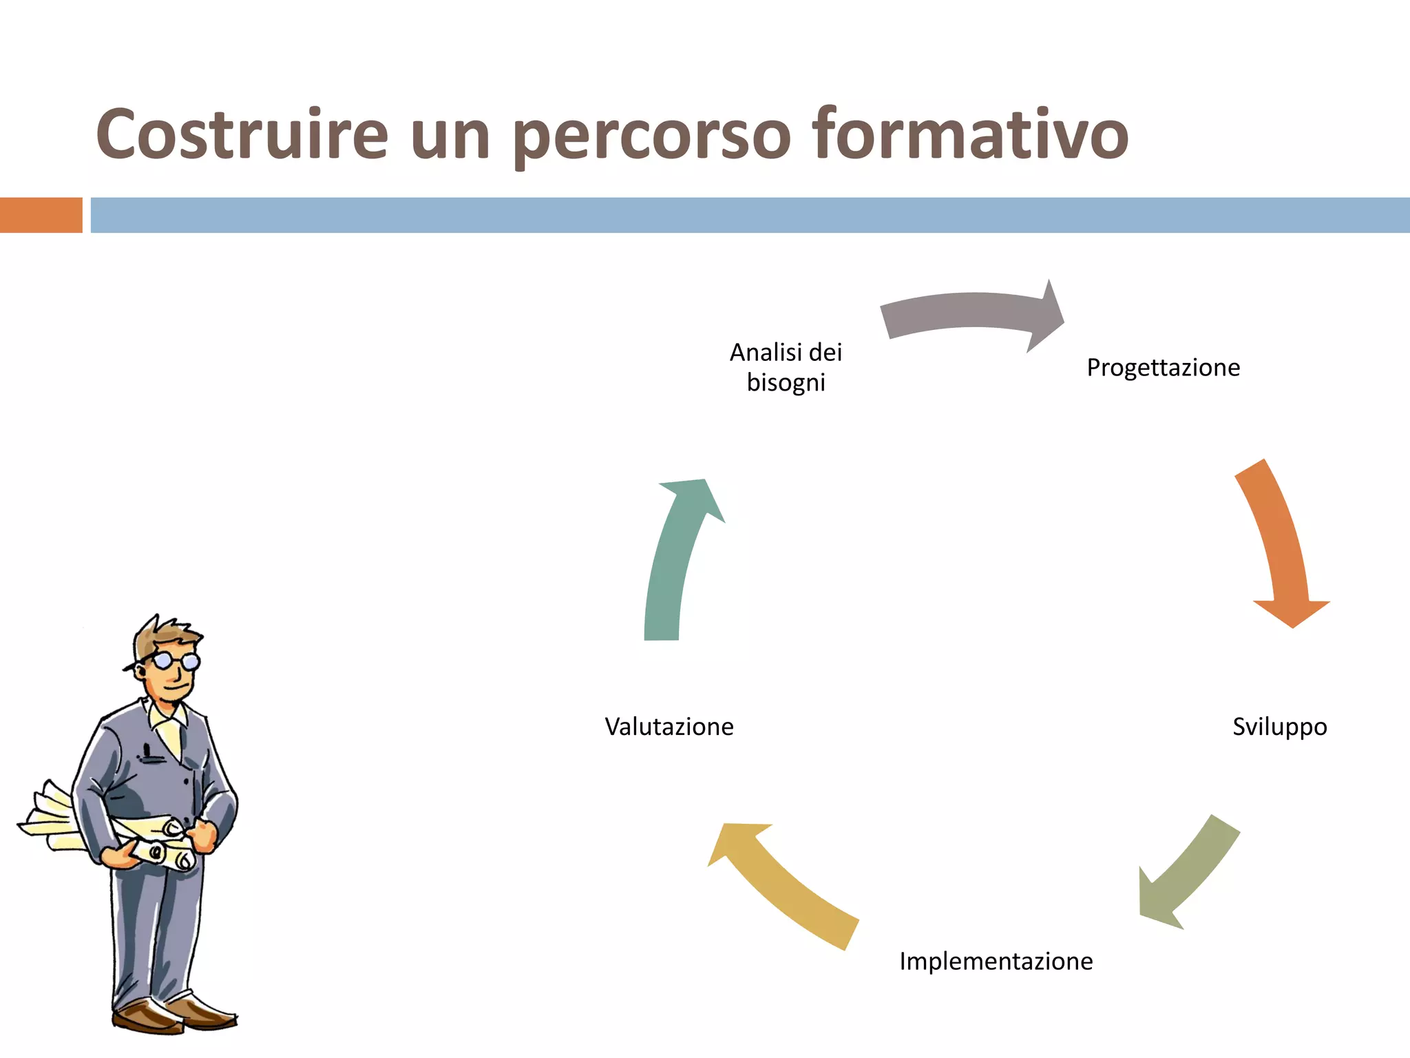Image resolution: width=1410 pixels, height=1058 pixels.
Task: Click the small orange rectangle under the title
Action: [x=41, y=215]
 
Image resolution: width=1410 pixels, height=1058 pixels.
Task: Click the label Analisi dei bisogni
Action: [x=786, y=367]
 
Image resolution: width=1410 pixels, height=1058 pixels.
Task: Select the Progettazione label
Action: [x=1163, y=368]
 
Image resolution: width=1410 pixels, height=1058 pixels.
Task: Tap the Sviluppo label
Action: [x=1279, y=727]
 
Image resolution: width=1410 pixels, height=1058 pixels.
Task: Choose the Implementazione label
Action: [x=996, y=961]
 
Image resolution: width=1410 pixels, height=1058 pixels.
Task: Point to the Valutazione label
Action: [x=669, y=727]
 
